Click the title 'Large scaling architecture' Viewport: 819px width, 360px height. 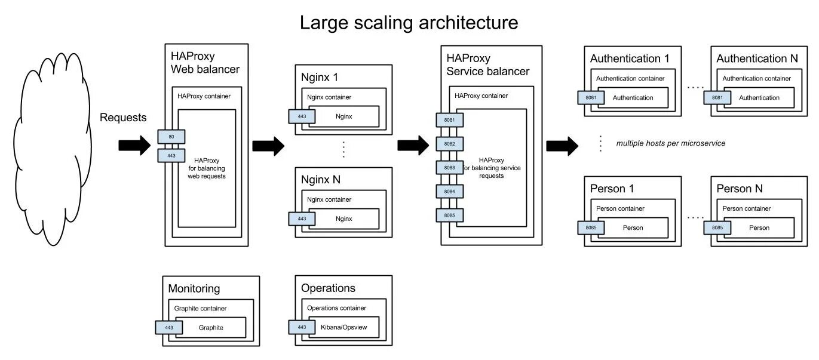(409, 23)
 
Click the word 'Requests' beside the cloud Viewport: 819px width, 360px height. (123, 118)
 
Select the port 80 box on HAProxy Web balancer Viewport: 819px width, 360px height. (171, 137)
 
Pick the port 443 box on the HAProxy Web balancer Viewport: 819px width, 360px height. (171, 155)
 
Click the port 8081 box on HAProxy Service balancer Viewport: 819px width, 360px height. (449, 120)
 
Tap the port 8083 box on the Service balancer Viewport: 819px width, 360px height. (449, 168)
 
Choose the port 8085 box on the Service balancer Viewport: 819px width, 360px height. (449, 215)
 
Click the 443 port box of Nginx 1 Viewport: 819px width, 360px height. (302, 116)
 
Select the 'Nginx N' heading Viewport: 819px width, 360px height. (320, 179)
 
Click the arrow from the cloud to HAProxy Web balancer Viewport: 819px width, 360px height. (134, 145)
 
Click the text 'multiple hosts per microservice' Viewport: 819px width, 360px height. (670, 143)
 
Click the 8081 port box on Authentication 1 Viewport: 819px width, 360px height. (591, 97)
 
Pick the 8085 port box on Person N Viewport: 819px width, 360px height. (717, 227)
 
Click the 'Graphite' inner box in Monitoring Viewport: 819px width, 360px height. (211, 327)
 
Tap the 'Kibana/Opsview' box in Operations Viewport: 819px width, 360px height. (344, 327)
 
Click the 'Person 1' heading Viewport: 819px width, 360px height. (612, 189)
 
